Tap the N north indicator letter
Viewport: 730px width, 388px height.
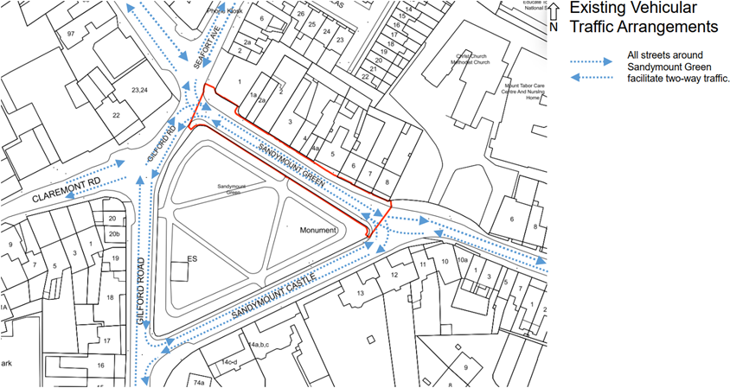click(554, 27)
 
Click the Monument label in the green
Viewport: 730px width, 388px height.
click(317, 232)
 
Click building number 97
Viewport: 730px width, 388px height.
click(71, 33)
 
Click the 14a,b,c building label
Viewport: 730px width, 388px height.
click(259, 344)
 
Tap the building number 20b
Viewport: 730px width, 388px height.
click(114, 233)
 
